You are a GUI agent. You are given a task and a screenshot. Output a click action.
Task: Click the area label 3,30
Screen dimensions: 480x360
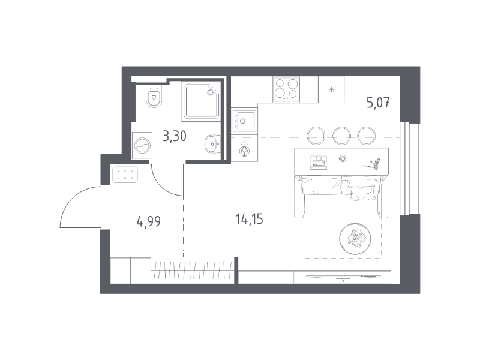(x=175, y=136)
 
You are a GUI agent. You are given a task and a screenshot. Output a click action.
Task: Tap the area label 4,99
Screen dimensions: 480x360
(x=149, y=221)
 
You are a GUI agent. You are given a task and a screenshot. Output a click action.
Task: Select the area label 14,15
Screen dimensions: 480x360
(x=250, y=219)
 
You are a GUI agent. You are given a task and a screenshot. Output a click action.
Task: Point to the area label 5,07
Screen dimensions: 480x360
(x=378, y=103)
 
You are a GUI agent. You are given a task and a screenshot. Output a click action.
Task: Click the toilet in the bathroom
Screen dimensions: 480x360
(x=154, y=95)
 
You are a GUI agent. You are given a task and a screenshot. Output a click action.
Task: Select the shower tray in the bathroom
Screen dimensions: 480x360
(x=202, y=100)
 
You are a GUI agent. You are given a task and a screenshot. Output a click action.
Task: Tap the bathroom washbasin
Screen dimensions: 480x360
(x=212, y=144)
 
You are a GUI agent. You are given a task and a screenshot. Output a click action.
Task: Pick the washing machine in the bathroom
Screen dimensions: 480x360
(x=142, y=145)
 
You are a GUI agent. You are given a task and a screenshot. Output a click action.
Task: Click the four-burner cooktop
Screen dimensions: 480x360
(x=286, y=89)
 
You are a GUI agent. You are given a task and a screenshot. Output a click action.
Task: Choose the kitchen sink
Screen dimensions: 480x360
(x=244, y=121)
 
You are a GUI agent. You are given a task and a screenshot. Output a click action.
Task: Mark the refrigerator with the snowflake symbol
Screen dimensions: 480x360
(x=332, y=89)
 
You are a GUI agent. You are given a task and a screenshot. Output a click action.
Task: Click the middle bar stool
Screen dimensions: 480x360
(x=341, y=136)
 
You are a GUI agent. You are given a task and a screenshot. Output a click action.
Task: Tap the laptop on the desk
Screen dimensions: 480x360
(x=319, y=162)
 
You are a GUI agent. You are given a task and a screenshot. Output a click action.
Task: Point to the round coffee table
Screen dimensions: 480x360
(x=355, y=239)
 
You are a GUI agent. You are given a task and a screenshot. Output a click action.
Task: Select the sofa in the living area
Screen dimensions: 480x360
(x=341, y=197)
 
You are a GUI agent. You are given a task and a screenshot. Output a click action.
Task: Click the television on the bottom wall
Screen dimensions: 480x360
(x=343, y=277)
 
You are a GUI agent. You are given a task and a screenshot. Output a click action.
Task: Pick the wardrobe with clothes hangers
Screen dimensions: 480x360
(x=193, y=271)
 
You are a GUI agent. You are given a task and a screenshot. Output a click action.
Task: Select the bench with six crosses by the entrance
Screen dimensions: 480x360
(x=125, y=175)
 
